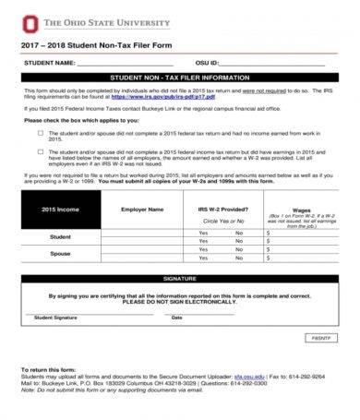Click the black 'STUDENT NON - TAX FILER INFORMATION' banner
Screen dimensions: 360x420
pyautogui.click(x=179, y=78)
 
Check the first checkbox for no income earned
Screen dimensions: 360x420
pyautogui.click(x=40, y=131)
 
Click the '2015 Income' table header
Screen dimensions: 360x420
pyautogui.click(x=60, y=210)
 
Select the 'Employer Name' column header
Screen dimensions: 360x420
pyautogui.click(x=142, y=210)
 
